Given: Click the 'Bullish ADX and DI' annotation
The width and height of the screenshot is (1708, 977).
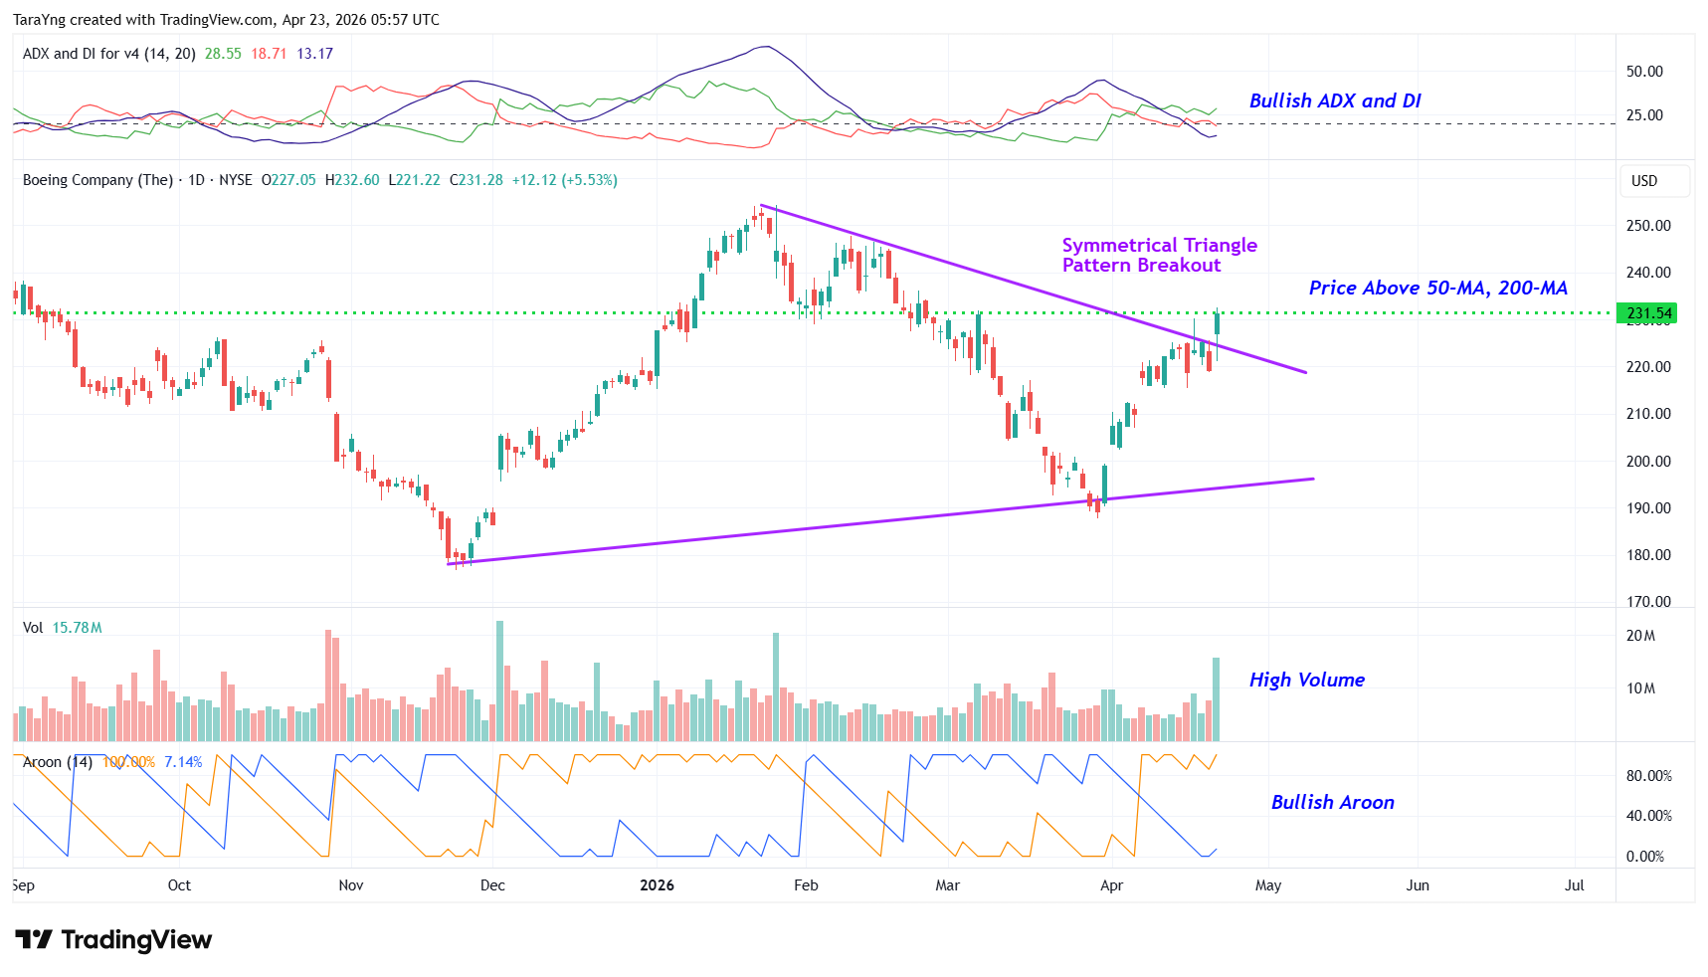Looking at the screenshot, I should point(1334,100).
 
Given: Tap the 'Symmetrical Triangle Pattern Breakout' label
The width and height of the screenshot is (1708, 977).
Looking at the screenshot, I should point(1159,255).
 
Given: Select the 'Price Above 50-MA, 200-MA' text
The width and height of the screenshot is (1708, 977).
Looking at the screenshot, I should point(1437,288).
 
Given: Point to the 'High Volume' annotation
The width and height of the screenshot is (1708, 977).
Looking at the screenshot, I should point(1306,680).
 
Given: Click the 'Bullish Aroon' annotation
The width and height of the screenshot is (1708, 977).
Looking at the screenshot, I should point(1332,802).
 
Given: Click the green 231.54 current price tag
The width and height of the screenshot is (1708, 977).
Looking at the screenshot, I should point(1647,313).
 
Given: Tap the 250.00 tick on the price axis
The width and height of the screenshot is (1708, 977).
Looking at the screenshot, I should point(1647,226).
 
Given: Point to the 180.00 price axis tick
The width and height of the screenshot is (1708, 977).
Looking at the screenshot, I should point(1647,555).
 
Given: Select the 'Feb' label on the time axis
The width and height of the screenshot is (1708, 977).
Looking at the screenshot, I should point(806,885).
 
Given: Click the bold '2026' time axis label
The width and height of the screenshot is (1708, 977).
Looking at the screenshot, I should point(657,885).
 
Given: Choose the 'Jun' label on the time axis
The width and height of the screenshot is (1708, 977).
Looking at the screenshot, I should point(1417,885).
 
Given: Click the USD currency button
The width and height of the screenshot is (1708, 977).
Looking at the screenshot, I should point(1644,181).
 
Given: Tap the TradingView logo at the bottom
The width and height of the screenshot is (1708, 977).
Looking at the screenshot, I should point(113,940).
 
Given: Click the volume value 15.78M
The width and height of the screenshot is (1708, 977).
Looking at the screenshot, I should point(77,628).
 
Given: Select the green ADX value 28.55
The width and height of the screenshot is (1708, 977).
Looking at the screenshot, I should point(223,54).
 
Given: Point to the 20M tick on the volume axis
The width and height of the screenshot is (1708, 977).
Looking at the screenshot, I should point(1640,636).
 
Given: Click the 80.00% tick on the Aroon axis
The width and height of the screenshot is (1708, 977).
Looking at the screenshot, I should point(1648,776).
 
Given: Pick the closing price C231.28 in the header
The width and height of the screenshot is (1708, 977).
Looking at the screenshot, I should point(476,180).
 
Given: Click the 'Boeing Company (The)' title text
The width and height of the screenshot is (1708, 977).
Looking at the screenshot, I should point(97,180).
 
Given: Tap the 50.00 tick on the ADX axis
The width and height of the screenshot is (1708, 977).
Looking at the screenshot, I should point(1644,72).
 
